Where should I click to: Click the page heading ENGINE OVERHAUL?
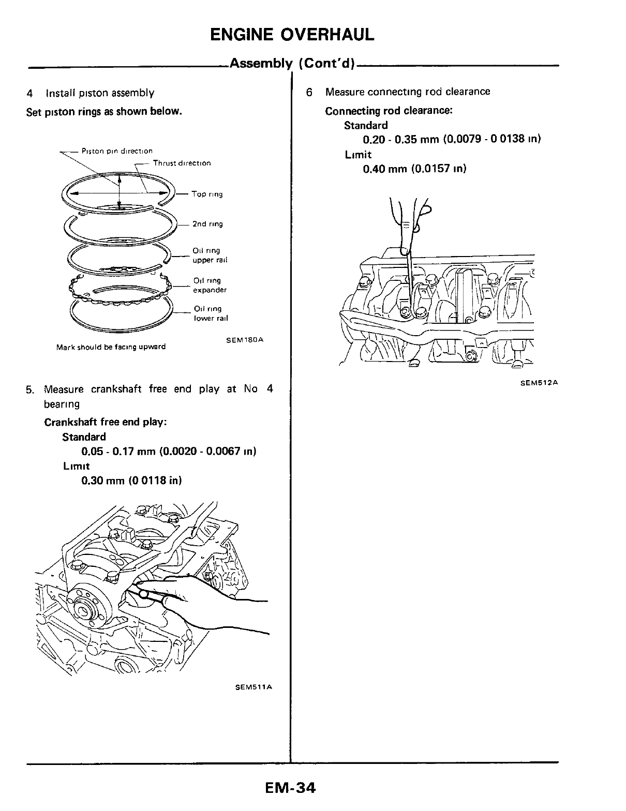pyautogui.click(x=292, y=35)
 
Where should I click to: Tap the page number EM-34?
pyautogui.click(x=290, y=788)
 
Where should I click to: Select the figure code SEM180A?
pyautogui.click(x=245, y=340)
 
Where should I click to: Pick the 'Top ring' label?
pyautogui.click(x=207, y=194)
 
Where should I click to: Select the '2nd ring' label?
pyautogui.click(x=207, y=224)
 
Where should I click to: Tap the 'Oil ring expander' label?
pyautogui.click(x=210, y=286)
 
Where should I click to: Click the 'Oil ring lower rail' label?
pyautogui.click(x=211, y=313)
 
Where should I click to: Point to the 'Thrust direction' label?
pyautogui.click(x=182, y=163)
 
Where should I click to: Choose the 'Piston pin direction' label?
pyautogui.click(x=117, y=151)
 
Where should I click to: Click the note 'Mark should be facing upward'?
pyautogui.click(x=111, y=347)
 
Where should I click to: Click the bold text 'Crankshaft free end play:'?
pyautogui.click(x=105, y=422)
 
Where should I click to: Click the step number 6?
pyautogui.click(x=309, y=92)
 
